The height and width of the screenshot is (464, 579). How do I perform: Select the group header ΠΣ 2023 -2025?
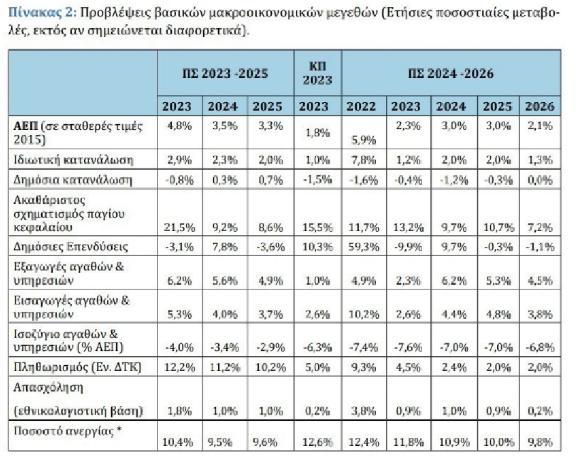[x=225, y=73]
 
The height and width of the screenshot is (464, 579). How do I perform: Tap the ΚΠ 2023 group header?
[x=317, y=73]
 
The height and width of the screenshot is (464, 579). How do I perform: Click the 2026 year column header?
[x=540, y=106]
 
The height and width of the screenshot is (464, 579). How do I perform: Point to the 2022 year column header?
[x=361, y=106]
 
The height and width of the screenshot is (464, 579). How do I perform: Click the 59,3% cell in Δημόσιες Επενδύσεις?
[x=361, y=246]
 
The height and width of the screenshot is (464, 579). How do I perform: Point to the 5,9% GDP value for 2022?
[x=361, y=139]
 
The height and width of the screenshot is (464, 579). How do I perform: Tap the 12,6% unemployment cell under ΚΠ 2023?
[x=317, y=442]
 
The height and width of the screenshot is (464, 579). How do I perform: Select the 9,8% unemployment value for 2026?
[x=540, y=442]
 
